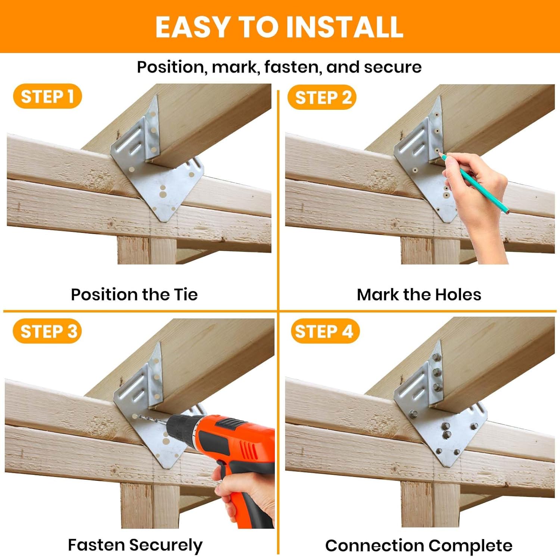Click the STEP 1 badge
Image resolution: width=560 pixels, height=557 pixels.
click(x=47, y=96)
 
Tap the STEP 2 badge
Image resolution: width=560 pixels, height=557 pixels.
click(x=322, y=97)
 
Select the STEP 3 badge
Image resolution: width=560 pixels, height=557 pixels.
click(x=47, y=331)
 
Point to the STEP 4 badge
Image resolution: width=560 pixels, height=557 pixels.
click(x=325, y=331)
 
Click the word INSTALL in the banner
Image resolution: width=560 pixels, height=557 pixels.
click(x=344, y=27)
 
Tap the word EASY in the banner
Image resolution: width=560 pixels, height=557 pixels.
click(x=192, y=27)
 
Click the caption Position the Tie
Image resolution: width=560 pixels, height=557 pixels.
click(x=134, y=294)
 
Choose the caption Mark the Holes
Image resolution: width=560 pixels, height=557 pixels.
click(x=419, y=294)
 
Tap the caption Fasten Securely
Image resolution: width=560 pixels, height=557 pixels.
click(x=135, y=545)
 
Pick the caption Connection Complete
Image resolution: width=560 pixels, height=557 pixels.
click(x=419, y=545)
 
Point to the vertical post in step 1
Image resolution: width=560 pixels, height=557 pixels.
click(x=147, y=250)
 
